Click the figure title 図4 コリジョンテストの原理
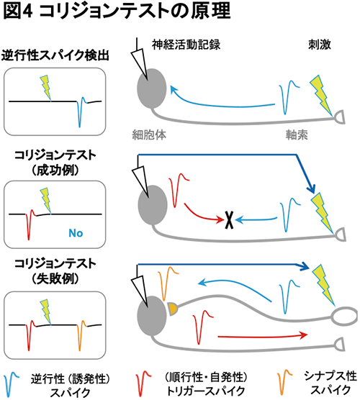[x=117, y=12]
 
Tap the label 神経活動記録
[x=186, y=45]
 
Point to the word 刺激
[x=319, y=45]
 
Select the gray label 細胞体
[x=149, y=135]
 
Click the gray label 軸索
[x=297, y=135]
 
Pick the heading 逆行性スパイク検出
[x=55, y=55]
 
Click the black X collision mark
[x=229, y=220]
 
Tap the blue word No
[x=76, y=233]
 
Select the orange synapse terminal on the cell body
[x=172, y=309]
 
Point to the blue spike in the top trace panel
[x=81, y=112]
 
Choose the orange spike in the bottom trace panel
[x=81, y=335]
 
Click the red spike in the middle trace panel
[x=30, y=224]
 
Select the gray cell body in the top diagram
[x=152, y=88]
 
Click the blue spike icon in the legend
[x=11, y=383]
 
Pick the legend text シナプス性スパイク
[x=330, y=383]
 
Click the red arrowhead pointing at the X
[x=220, y=219]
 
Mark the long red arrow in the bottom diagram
[x=263, y=336]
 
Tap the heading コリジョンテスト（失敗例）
[x=55, y=271]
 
